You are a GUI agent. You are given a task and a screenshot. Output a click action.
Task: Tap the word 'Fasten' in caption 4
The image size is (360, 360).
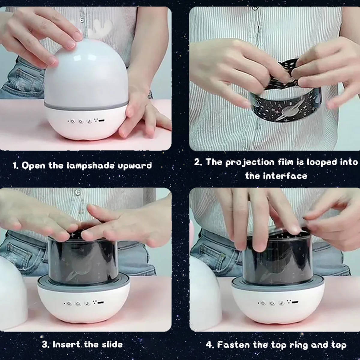[233, 345]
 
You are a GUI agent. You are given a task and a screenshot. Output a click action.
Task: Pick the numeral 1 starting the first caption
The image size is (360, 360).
[15, 166]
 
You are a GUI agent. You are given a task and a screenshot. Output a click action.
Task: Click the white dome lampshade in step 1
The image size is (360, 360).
[86, 73]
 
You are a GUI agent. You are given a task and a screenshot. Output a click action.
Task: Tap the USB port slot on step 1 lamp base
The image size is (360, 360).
[102, 121]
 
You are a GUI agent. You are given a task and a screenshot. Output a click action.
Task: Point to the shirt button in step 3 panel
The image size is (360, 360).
[78, 192]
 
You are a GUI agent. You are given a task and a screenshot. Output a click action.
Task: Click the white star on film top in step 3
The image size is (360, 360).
[73, 234]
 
